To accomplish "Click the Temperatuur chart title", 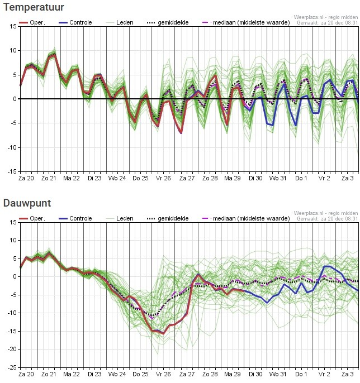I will pos(32,7).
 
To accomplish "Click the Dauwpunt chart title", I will pos(27,203).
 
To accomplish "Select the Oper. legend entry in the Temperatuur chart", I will pos(32,23).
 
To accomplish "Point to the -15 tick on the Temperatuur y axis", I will pos(12,172).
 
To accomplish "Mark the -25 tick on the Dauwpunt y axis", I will pos(12,367).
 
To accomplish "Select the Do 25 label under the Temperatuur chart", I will pos(141,178).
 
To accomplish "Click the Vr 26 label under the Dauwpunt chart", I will pos(164,374).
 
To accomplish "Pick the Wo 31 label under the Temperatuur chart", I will pos(278,178).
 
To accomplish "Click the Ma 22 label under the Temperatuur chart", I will pos(72,178).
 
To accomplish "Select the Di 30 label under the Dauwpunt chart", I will pos(255,374).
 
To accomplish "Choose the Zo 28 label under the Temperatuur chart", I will pos(210,178).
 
